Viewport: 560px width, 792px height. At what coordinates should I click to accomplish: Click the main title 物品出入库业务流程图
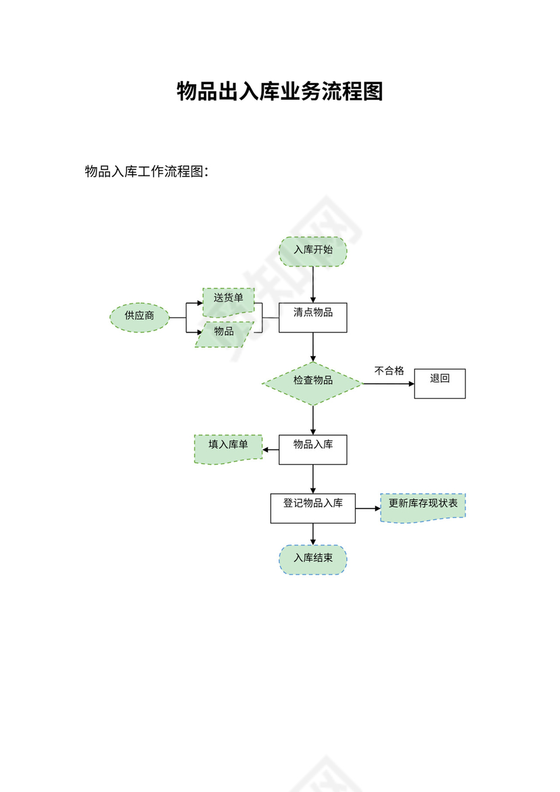(280, 91)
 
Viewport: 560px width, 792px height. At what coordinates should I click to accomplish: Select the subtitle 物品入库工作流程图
(146, 171)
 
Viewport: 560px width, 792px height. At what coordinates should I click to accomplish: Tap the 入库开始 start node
(313, 251)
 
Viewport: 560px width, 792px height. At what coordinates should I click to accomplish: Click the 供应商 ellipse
(140, 316)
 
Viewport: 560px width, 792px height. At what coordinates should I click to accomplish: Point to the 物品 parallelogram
(225, 333)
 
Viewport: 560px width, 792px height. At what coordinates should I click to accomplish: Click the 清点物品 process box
(313, 317)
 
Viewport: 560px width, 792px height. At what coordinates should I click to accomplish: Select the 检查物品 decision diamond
(313, 383)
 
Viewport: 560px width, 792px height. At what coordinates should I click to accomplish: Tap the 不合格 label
(389, 370)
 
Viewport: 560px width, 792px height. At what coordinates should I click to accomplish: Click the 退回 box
(440, 383)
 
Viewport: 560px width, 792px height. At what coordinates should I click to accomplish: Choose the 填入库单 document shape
(228, 447)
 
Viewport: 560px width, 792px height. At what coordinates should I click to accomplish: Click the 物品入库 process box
(313, 449)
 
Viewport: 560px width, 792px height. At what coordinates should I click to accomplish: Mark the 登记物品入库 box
(313, 508)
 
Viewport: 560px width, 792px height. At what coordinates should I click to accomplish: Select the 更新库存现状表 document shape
(423, 507)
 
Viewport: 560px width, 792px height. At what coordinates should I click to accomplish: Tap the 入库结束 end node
(313, 559)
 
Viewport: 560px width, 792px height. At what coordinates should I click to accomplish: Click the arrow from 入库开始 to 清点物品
(313, 285)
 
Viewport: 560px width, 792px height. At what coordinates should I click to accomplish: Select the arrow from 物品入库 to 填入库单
(271, 449)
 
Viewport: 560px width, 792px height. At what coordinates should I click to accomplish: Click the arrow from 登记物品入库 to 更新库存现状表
(368, 508)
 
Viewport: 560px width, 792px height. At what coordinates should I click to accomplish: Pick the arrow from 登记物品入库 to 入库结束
(313, 534)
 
